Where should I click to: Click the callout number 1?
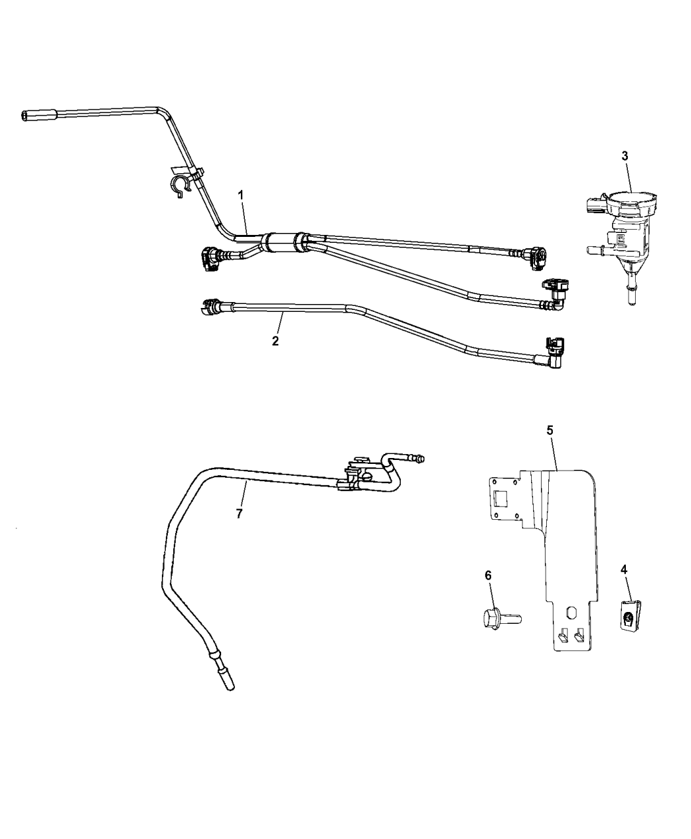pos(242,195)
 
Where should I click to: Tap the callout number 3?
pos(625,156)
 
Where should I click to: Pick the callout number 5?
pos(550,430)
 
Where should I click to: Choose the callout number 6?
pos(488,575)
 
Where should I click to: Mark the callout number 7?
pos(239,513)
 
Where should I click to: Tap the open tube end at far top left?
pos(25,116)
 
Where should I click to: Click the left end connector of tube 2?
pos(212,305)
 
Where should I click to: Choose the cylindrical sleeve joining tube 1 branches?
pos(282,242)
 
